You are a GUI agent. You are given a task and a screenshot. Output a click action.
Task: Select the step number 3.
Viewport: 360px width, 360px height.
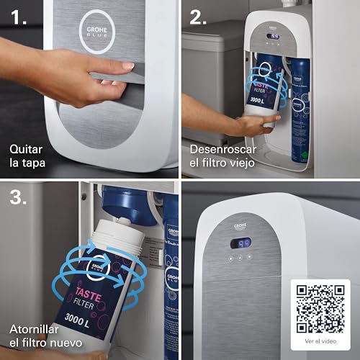19,198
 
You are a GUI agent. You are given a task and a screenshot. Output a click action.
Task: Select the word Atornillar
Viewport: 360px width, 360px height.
36,329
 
